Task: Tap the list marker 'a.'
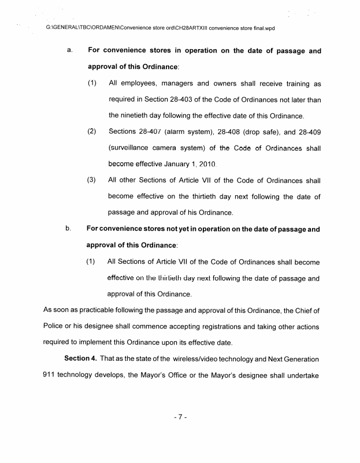point(69,51)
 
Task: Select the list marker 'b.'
point(69,229)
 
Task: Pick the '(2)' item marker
point(92,132)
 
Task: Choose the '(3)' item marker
point(92,180)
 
